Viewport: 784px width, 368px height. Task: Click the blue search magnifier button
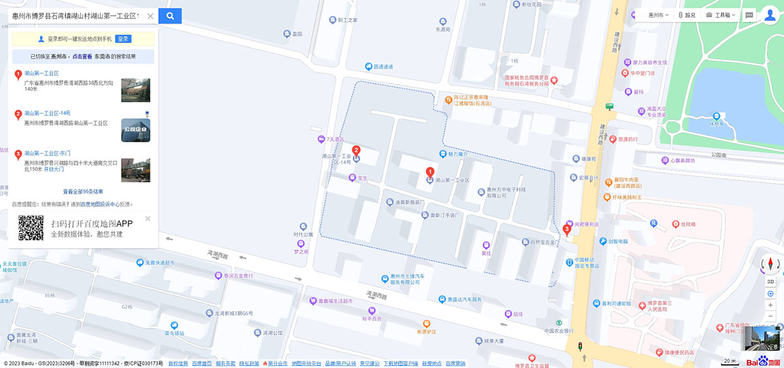pos(170,16)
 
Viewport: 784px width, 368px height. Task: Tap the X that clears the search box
pos(150,16)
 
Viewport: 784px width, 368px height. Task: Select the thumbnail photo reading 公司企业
pos(135,130)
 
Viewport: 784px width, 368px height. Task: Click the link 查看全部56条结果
pos(83,192)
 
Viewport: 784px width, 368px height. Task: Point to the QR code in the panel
pos(31,227)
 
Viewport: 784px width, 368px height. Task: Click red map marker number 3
pos(566,229)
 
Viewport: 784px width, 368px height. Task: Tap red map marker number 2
pos(356,150)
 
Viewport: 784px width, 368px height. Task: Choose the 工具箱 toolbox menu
pos(721,15)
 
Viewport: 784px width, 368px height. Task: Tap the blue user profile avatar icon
pos(770,16)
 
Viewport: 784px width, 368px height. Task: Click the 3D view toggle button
pos(770,281)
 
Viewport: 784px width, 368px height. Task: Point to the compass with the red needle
pos(770,265)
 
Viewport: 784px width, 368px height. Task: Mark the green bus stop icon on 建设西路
pos(610,106)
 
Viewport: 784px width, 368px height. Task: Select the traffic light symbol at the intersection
pos(580,346)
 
